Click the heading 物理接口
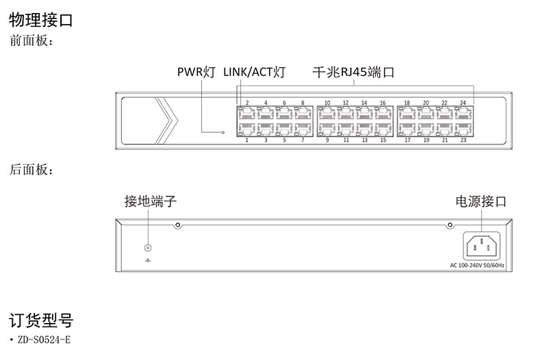tap(40, 19)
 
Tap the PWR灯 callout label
tap(197, 72)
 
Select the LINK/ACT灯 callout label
tap(254, 72)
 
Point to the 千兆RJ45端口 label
tap(353, 72)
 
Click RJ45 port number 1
tap(247, 129)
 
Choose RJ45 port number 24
tap(464, 114)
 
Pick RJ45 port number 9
tap(327, 129)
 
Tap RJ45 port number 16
tap(383, 114)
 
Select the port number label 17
tap(407, 140)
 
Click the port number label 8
tap(303, 103)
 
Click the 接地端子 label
tap(151, 201)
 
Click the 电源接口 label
tap(481, 201)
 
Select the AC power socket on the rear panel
tap(481, 245)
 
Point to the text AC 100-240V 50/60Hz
tap(477, 265)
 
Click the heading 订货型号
tap(40, 320)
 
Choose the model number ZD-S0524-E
tap(45, 339)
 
